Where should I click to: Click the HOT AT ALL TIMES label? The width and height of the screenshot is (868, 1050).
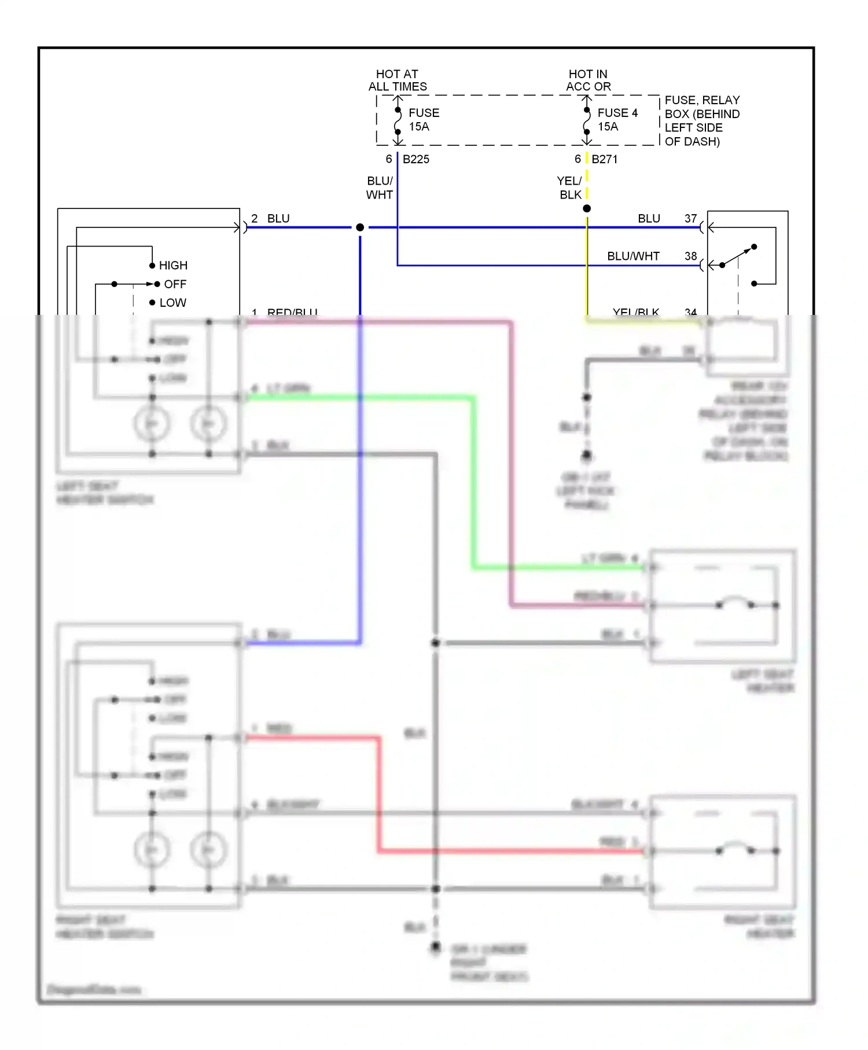[x=398, y=80]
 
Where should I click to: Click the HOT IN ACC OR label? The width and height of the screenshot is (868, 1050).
[x=588, y=80]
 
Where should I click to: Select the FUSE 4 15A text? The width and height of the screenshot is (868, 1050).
[x=617, y=120]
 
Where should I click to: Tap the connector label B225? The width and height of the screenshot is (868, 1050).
[x=415, y=159]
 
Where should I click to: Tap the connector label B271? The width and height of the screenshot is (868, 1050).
[x=604, y=159]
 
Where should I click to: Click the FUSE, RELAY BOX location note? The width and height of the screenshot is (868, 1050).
[x=701, y=120]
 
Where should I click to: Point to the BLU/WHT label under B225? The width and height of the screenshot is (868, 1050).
[x=380, y=188]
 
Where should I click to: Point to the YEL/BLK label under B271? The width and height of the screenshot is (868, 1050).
[x=569, y=188]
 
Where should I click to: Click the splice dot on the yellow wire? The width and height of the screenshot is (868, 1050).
[x=587, y=208]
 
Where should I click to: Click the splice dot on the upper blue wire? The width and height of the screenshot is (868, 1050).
[x=360, y=227]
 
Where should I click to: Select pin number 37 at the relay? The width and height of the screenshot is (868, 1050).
[x=690, y=219]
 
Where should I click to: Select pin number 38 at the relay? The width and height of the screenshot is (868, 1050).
[x=690, y=256]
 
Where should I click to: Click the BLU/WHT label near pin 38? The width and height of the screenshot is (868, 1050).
[x=633, y=256]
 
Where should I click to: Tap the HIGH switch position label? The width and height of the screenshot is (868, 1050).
[x=173, y=265]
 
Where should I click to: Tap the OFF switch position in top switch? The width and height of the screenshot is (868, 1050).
[x=175, y=284]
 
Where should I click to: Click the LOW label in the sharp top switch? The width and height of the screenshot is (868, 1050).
[x=172, y=303]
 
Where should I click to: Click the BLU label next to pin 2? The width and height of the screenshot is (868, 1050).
[x=278, y=219]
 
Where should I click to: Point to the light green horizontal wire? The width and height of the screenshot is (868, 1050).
[x=359, y=398]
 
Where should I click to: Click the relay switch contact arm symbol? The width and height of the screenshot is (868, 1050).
[x=738, y=256]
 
